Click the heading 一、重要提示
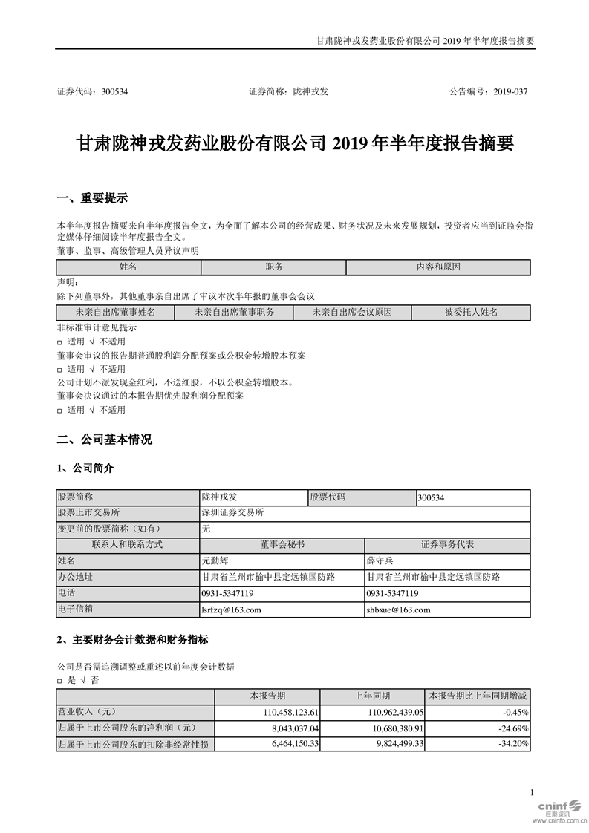(92, 198)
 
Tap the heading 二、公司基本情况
(104, 440)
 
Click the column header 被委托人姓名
(471, 313)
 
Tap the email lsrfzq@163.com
(232, 610)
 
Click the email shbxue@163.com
(399, 610)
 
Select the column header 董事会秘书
(282, 545)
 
